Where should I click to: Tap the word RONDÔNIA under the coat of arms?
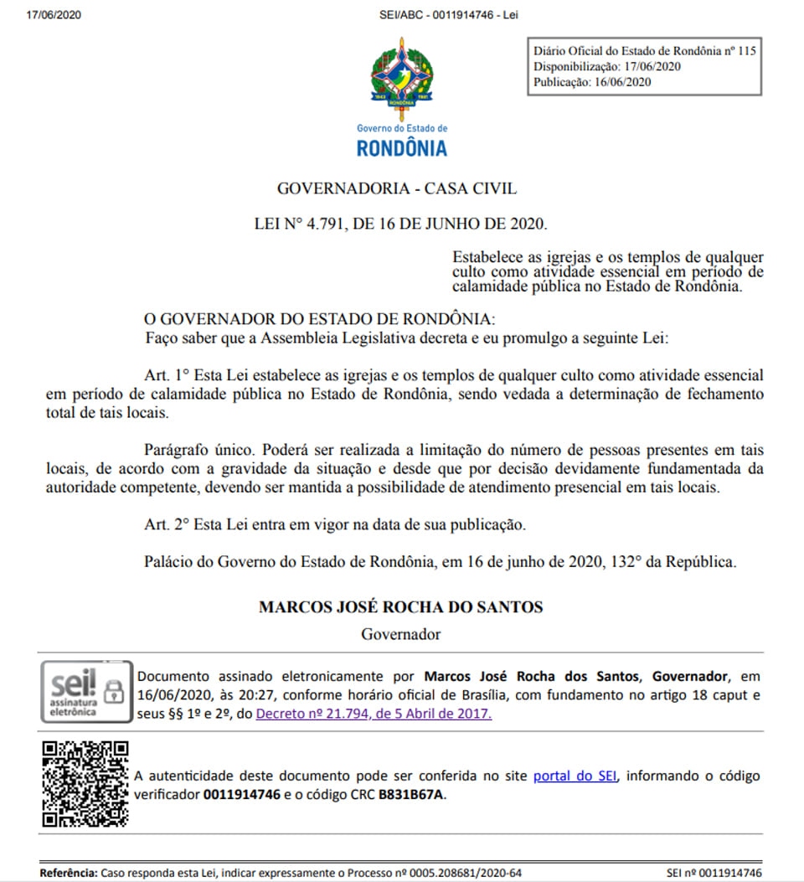pos(402,149)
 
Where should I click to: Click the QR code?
pos(85,784)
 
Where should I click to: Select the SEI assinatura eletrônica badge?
pos(86,691)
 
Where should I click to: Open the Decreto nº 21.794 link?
pos(374,714)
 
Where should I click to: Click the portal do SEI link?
pos(575,776)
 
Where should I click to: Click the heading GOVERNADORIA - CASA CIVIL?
pos(397,189)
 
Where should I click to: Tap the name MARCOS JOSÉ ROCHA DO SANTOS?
pos(400,607)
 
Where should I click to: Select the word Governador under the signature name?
pos(400,634)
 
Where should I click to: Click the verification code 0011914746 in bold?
pos(242,794)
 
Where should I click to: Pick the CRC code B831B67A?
pos(412,794)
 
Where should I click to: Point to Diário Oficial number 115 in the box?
pos(745,51)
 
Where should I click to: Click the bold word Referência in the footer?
pos(69,873)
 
